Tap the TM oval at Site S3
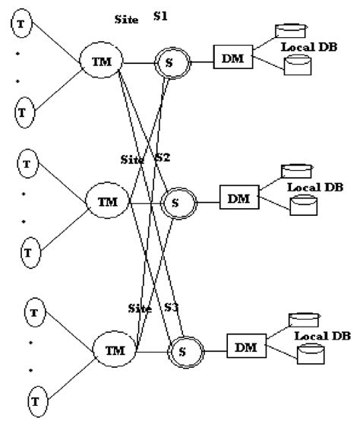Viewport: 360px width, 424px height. pos(114,351)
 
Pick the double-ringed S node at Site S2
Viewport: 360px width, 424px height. pos(176,203)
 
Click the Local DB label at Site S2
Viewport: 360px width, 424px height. pos(314,186)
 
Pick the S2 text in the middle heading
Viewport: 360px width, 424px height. pos(163,158)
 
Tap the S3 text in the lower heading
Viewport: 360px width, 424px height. pos(172,308)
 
